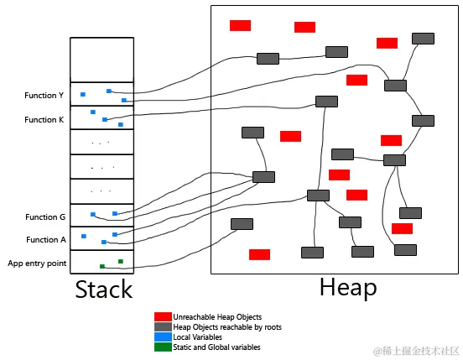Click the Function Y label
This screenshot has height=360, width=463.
pos(44,96)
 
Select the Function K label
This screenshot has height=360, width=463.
pos(44,120)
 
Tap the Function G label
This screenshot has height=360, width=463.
pos(44,217)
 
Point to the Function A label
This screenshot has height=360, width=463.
pos(45,240)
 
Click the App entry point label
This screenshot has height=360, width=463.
pos(37,263)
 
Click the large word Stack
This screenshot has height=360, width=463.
pos(104,290)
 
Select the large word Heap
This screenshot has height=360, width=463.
pos(347,288)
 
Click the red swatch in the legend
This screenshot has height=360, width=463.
pos(162,316)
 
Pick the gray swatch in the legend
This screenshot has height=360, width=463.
pos(162,326)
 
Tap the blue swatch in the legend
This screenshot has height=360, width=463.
pos(162,337)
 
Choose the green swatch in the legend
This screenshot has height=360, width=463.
pos(162,347)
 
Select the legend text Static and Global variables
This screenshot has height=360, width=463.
pos(216,347)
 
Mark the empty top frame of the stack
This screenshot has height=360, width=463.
pos(101,60)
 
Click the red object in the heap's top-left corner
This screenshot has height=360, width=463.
pos(240,25)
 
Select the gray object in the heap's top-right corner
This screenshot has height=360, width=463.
pos(423,39)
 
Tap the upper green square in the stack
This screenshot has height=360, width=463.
pos(121,261)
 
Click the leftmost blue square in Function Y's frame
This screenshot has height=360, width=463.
pos(83,94)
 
